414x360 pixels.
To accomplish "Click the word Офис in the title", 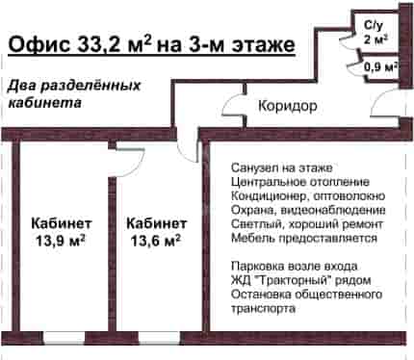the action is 39,44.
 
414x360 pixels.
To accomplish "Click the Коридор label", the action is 288,106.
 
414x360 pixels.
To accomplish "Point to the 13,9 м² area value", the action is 61,241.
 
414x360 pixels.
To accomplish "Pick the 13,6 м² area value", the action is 156,241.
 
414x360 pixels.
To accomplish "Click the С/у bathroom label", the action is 374,25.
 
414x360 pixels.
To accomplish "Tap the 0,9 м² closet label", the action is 380,67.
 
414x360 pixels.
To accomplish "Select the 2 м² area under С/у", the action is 375,39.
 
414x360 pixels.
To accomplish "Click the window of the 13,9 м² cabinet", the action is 64,338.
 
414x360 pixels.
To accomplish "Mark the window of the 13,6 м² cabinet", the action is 159,338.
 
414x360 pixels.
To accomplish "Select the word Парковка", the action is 257,266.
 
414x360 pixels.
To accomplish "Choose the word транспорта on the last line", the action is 263,309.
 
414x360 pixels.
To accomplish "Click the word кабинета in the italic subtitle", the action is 44,103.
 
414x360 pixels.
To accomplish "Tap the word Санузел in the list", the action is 254,167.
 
